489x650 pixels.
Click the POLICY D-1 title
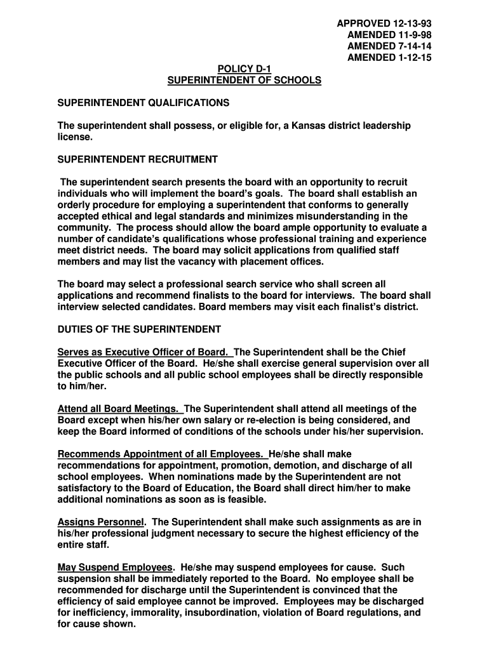[x=244, y=69]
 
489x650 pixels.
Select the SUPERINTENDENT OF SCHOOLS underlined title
[x=244, y=81]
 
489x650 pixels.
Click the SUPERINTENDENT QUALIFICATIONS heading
[x=143, y=103]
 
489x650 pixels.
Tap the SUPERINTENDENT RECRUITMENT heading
[x=138, y=159]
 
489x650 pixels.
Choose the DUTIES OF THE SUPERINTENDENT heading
[x=139, y=329]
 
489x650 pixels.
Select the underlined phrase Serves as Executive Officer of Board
[x=144, y=352]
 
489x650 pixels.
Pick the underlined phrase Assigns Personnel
[x=101, y=522]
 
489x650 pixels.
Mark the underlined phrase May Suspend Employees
[x=115, y=567]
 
